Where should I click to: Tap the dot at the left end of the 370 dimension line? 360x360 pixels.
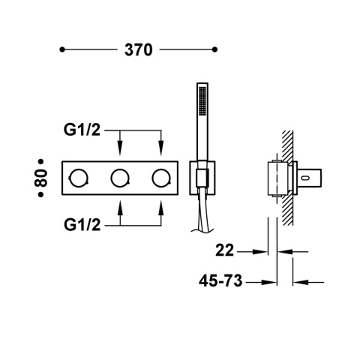(62, 50)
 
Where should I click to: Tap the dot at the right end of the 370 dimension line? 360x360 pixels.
(216, 50)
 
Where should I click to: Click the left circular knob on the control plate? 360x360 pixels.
(79, 178)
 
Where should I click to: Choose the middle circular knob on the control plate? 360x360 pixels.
(119, 178)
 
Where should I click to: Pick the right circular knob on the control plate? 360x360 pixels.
(160, 178)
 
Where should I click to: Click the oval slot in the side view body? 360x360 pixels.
(307, 178)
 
